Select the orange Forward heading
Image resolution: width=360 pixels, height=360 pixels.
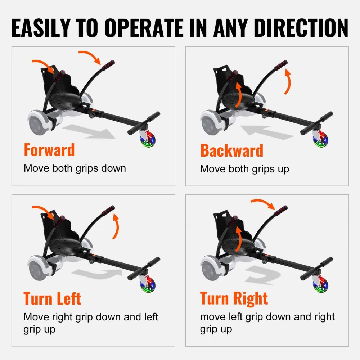[49, 150]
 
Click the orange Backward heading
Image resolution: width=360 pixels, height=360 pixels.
[231, 150]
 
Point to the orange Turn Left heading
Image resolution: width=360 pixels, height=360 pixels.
[52, 298]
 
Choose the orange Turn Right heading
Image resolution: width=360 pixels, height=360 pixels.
[234, 298]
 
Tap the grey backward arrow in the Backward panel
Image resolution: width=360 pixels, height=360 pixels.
[266, 132]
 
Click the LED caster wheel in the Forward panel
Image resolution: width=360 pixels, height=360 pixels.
[147, 139]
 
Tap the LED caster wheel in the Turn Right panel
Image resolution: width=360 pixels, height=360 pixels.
[320, 284]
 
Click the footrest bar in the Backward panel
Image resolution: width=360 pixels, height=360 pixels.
[316, 123]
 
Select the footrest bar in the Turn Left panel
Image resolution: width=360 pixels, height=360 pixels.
[144, 269]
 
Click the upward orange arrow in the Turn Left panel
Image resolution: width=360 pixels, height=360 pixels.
[116, 227]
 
